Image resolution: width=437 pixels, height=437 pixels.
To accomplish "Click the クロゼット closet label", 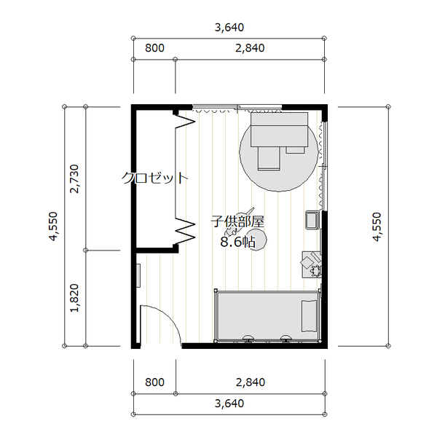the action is [x=155, y=178].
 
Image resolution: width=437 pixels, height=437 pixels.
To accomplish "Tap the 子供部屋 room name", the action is [x=237, y=221].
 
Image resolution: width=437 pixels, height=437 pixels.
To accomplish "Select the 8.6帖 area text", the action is [x=237, y=242].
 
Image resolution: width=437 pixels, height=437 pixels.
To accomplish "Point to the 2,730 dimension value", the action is [x=74, y=178].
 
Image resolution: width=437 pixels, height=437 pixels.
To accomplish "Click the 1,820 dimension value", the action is [x=74, y=298].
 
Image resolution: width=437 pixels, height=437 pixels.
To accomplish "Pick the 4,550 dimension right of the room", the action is [x=377, y=227].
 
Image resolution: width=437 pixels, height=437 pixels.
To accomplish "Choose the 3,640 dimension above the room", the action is [x=229, y=28].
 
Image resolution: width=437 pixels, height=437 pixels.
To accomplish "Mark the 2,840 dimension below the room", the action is [x=251, y=382].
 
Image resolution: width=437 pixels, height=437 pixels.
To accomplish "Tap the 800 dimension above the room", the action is [x=154, y=48].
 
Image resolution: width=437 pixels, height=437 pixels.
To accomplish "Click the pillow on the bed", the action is [x=309, y=316].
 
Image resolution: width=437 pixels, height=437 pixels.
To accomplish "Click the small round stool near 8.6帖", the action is [x=256, y=240].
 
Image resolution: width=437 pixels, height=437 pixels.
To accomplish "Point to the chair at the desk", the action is [x=269, y=158].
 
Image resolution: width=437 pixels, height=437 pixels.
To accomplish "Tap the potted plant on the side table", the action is [x=316, y=269].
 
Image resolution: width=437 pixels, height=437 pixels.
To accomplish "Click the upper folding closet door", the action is [x=185, y=122].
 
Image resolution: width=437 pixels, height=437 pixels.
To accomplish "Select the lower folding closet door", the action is [x=185, y=231].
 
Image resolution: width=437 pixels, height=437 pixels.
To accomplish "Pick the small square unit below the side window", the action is [x=312, y=220].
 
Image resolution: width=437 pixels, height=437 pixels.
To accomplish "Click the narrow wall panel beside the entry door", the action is [x=138, y=275].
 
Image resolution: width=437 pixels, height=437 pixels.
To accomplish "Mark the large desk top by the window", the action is [x=279, y=130].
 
